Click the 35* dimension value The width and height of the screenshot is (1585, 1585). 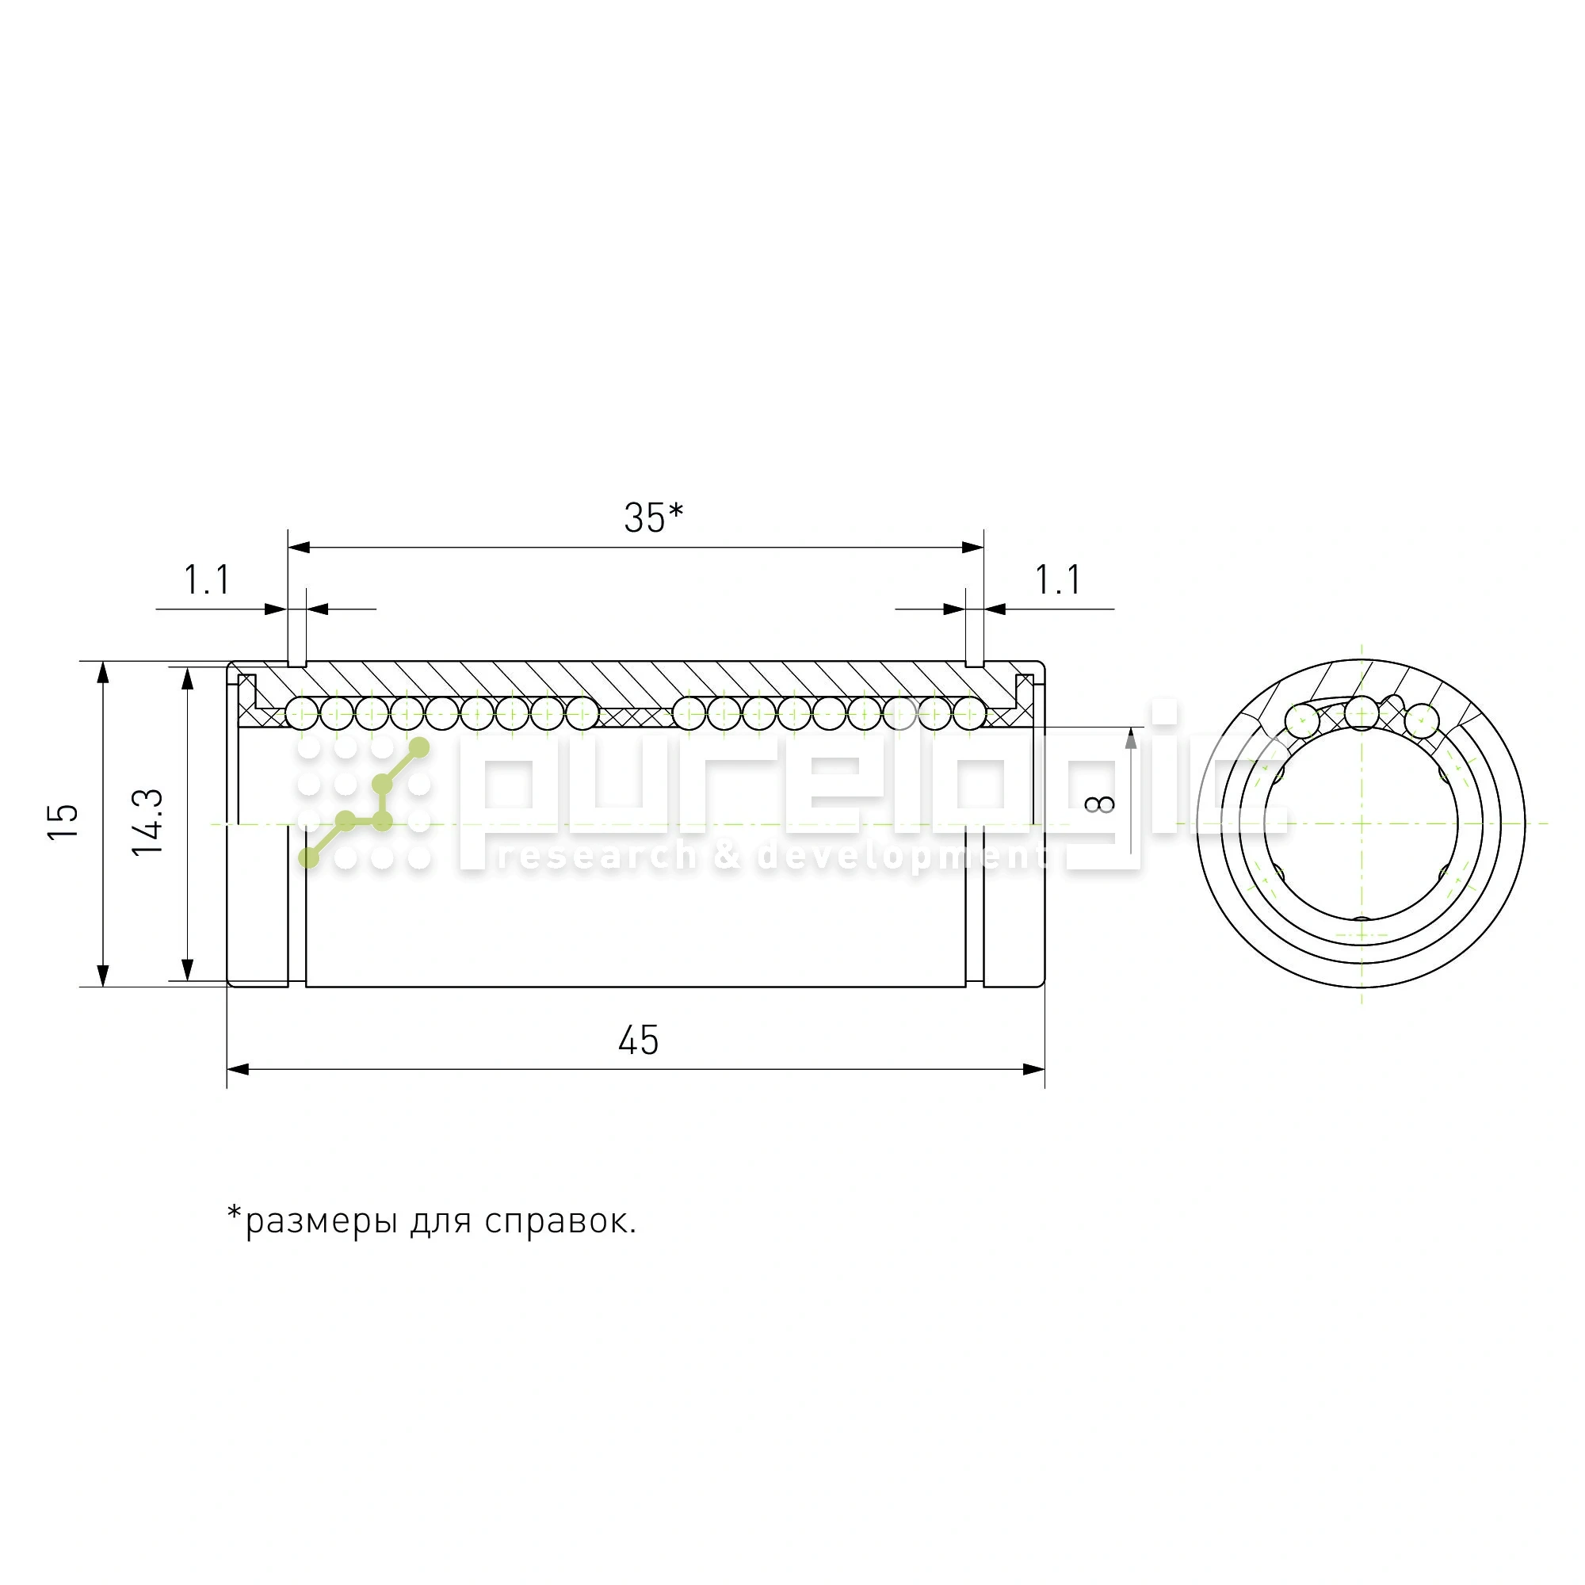tap(653, 518)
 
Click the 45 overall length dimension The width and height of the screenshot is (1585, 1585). tap(638, 1041)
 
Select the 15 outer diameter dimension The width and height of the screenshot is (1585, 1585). tap(63, 821)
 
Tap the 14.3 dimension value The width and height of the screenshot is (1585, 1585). tap(148, 823)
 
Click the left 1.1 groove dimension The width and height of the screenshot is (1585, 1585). tap(207, 580)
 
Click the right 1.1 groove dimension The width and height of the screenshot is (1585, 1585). tap(1057, 580)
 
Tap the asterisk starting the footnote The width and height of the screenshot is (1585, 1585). tap(235, 1213)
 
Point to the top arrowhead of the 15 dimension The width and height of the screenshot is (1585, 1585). tap(102, 671)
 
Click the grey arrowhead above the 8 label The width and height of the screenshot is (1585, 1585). tap(1131, 739)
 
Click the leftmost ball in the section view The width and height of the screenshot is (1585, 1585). tap(302, 713)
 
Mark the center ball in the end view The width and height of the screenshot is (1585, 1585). tap(1362, 713)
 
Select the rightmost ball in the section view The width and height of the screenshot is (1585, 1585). tap(970, 713)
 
